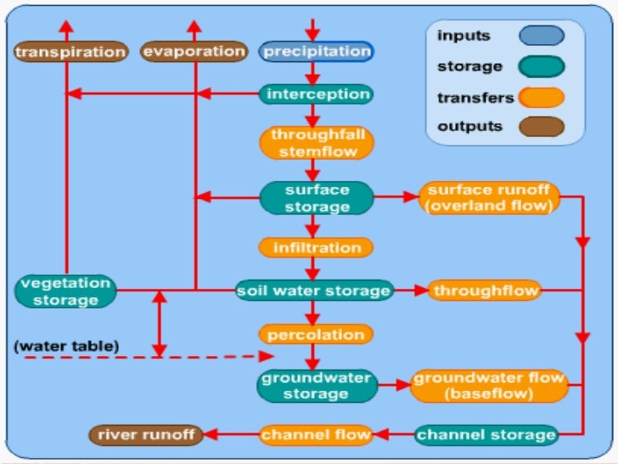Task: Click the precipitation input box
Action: point(316,52)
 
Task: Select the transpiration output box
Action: point(70,52)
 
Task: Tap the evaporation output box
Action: point(194,52)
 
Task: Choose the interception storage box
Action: point(315,93)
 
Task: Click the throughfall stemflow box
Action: point(316,144)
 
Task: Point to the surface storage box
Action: point(316,198)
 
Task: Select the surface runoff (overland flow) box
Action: point(490,198)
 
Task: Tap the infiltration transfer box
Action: point(316,248)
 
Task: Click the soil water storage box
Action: point(314,291)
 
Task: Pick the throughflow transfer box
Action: point(485,291)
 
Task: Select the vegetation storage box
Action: point(65,291)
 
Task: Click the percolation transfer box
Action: point(316,334)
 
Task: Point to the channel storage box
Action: point(486,435)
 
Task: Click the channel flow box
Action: point(316,435)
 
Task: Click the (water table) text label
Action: point(66,346)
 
